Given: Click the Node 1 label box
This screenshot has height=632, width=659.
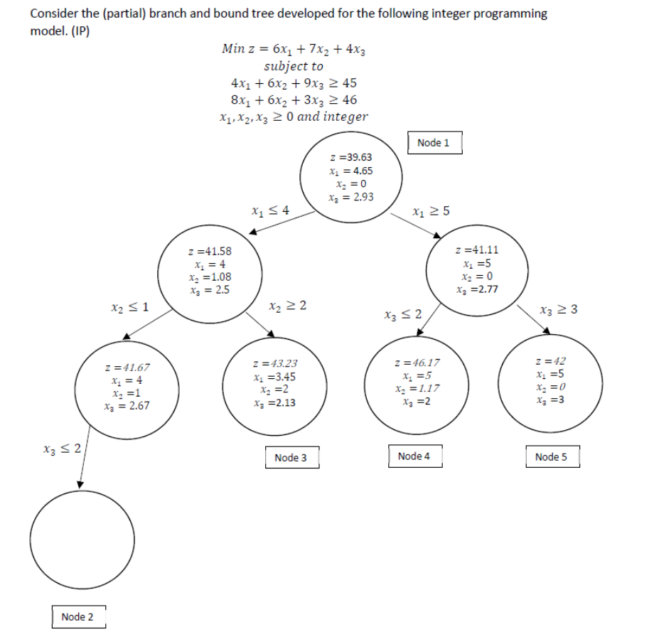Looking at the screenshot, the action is point(434,143).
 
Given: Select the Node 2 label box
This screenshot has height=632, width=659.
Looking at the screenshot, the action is point(77,616).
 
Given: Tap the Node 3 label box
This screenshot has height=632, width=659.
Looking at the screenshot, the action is point(291,458).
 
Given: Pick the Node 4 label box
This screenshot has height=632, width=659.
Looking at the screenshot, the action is point(414,456).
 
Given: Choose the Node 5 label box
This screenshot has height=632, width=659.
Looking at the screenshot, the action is point(552,456).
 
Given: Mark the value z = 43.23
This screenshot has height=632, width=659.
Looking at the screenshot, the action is point(279,363).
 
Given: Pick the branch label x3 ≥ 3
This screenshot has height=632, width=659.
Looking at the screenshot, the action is point(558,309).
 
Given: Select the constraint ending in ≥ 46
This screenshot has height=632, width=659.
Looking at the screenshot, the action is point(294,100).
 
